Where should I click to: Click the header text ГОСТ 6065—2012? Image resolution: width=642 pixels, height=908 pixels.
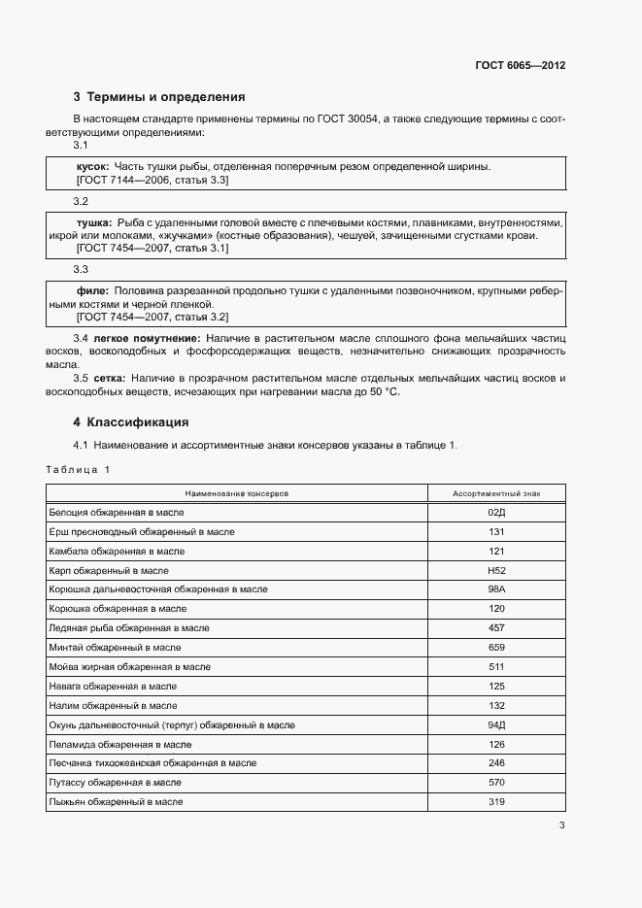point(520,66)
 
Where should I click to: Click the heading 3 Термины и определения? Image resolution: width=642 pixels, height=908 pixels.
point(159,97)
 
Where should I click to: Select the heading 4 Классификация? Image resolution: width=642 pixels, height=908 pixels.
point(131,422)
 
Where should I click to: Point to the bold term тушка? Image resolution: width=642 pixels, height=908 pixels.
point(94,222)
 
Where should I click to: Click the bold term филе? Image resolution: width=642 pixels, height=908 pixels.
point(92,290)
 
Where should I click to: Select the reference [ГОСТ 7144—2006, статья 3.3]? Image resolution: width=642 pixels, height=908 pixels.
point(152,181)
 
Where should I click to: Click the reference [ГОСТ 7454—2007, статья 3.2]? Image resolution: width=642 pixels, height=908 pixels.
point(152,318)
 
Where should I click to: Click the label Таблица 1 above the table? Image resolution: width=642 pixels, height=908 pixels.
point(78,470)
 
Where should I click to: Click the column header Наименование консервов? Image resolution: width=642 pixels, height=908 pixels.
point(237,493)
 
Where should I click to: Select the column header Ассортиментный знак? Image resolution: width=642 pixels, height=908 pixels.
point(496,493)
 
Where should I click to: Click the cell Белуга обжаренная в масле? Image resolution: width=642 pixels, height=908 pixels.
point(116,512)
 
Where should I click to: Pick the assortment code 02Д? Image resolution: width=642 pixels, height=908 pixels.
point(496,512)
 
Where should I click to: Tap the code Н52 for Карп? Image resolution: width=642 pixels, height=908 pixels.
point(496,570)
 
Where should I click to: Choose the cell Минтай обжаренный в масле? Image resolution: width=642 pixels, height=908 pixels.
point(115,648)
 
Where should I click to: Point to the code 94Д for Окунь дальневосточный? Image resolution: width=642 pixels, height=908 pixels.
point(496,725)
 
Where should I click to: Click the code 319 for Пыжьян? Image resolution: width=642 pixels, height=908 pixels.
point(496,802)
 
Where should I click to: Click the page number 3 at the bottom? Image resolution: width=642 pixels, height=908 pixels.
point(561,826)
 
